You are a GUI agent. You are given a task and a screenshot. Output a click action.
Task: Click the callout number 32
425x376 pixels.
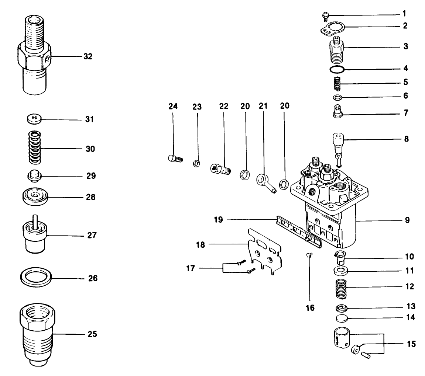tap(88, 57)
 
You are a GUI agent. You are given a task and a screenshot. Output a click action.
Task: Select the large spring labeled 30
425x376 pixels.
tap(35, 148)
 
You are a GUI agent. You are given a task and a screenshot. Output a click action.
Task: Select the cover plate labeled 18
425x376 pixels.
tap(265, 251)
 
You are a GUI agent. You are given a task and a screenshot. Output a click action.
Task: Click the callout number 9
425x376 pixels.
tap(407, 220)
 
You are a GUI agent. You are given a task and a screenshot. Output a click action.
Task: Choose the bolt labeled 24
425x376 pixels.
tap(173, 159)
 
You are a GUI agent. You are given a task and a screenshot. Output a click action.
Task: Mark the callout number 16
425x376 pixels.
tap(310, 307)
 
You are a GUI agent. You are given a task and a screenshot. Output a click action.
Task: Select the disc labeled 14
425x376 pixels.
tap(342, 318)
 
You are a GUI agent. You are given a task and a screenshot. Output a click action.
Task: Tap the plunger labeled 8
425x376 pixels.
tap(338, 145)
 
